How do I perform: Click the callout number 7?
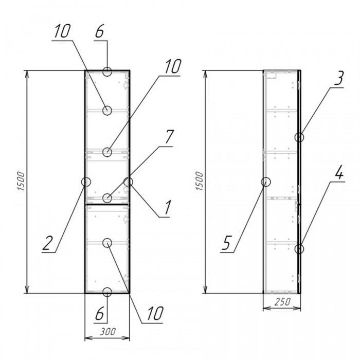pyautogui.click(x=169, y=138)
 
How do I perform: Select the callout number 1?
pyautogui.click(x=167, y=209)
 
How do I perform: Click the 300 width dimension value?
pyautogui.click(x=107, y=333)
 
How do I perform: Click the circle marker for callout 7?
pyautogui.click(x=107, y=197)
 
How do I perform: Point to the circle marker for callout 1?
pyautogui.click(x=129, y=182)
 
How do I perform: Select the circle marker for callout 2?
pyautogui.click(x=86, y=182)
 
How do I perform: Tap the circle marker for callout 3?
pyautogui.click(x=299, y=137)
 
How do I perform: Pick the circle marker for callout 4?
pyautogui.click(x=299, y=249)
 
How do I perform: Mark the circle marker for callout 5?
pyautogui.click(x=266, y=182)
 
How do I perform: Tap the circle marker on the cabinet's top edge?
pyautogui.click(x=107, y=71)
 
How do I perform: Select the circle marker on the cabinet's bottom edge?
pyautogui.click(x=107, y=292)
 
